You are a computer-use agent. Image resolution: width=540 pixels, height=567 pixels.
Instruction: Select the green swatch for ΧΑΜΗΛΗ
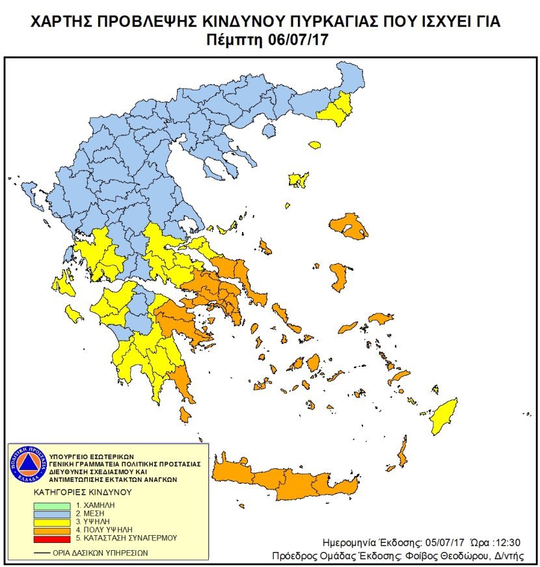click(50, 505)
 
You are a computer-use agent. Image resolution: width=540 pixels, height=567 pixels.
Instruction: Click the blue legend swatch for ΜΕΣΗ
click(50, 513)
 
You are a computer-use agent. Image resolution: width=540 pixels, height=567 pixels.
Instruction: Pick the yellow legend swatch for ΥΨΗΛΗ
click(50, 521)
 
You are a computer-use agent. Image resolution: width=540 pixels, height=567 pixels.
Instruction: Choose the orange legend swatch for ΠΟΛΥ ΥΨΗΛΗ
click(50, 530)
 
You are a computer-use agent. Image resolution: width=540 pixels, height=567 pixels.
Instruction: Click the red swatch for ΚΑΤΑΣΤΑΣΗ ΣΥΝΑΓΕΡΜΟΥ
click(50, 538)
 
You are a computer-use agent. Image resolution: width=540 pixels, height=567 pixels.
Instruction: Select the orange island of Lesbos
click(350, 227)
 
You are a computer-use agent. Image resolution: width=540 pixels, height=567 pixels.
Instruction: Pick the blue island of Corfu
click(31, 192)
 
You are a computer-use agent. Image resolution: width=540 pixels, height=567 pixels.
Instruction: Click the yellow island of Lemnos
click(299, 179)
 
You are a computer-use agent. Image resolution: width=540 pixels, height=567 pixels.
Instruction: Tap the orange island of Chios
click(338, 277)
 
